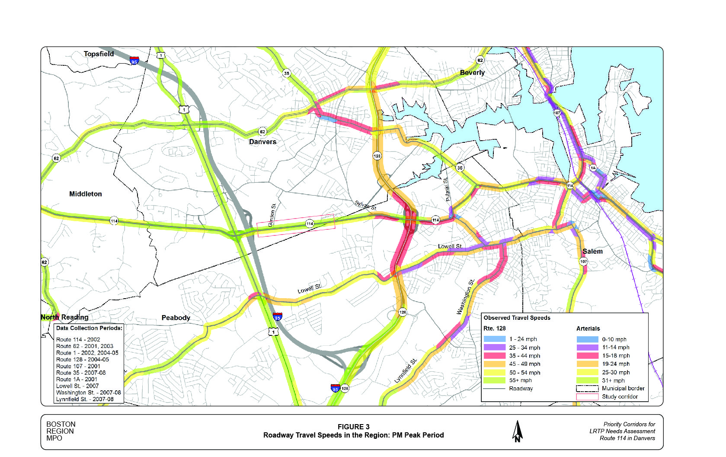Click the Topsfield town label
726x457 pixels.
point(99,54)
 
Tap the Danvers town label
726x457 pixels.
point(262,142)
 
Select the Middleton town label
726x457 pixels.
point(86,194)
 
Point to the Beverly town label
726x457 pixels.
point(472,73)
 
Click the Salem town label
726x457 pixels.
point(592,251)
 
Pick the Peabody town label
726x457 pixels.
point(176,318)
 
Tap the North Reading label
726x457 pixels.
point(64,317)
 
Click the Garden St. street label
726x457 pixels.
point(272,215)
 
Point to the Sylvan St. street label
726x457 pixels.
point(366,206)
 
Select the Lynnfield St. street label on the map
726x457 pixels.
point(405,371)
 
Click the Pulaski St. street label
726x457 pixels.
point(447,190)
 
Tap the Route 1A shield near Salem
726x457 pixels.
point(593,168)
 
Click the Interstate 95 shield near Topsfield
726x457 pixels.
point(134,61)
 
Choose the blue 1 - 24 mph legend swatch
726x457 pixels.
point(494,339)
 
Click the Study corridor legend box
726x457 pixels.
point(587,396)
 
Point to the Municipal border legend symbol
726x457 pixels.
point(587,388)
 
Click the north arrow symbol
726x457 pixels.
point(518,431)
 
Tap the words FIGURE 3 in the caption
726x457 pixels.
point(353,427)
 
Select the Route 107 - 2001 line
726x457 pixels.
point(78,366)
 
